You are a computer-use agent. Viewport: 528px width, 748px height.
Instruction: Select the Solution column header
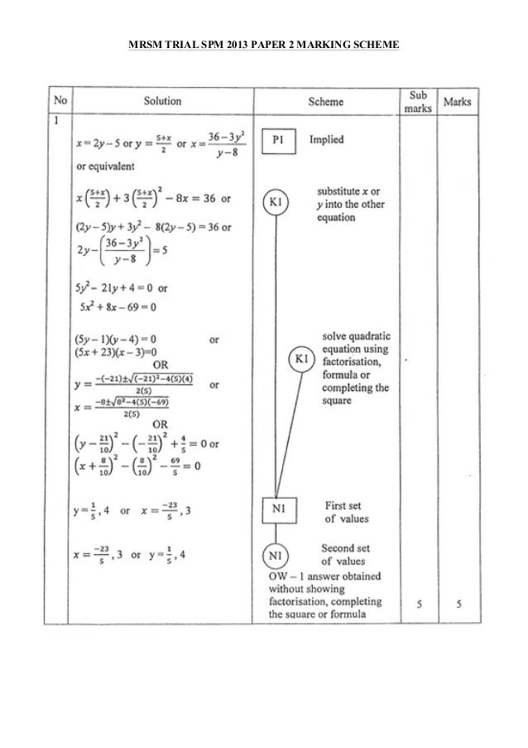click(x=162, y=102)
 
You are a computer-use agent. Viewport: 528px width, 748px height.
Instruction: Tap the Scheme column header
click(x=325, y=102)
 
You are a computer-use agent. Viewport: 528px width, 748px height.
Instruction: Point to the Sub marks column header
click(x=419, y=102)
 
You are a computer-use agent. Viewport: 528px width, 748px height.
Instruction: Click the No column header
click(x=60, y=102)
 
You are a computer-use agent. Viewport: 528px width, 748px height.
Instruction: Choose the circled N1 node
click(x=276, y=556)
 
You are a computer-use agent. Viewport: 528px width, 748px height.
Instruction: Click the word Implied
click(x=327, y=140)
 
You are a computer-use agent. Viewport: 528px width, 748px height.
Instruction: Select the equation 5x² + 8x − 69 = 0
click(x=122, y=306)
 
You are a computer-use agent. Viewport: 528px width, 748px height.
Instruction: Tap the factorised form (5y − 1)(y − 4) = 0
click(x=115, y=340)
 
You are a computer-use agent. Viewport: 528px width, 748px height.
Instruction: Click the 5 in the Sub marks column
click(x=419, y=605)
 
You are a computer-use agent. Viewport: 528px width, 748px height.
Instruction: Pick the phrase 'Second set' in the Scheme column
click(x=345, y=548)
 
